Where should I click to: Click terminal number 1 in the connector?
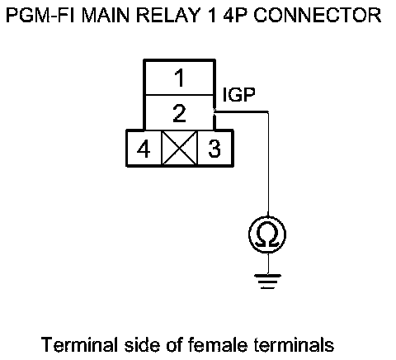(179, 78)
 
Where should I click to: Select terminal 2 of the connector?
(179, 112)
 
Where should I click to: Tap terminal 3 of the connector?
(214, 149)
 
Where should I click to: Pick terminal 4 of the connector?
(144, 149)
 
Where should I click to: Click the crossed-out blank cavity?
(179, 148)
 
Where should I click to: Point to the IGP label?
(238, 95)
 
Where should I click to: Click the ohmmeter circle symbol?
(267, 234)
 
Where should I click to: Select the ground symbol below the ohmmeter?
(268, 282)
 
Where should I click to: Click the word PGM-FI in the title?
(40, 16)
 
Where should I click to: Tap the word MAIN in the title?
(106, 16)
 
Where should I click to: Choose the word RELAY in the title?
(167, 16)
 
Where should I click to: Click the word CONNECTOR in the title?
(318, 16)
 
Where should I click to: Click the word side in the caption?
(142, 344)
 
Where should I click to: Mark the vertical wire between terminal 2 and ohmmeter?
(268, 164)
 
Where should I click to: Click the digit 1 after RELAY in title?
(211, 16)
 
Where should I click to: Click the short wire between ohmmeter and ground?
(268, 263)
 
